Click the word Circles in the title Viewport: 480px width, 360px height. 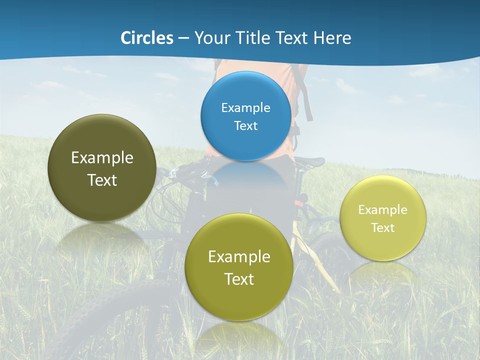click(146, 38)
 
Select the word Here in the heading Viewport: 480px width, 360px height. click(332, 38)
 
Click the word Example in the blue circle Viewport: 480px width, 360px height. click(245, 108)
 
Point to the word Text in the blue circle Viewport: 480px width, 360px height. click(245, 126)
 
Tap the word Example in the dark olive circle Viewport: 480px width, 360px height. click(102, 158)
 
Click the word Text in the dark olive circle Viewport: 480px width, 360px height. click(102, 180)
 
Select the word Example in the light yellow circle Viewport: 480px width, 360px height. click(382, 210)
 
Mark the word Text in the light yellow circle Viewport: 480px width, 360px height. click(382, 228)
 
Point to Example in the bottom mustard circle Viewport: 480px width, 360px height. click(239, 257)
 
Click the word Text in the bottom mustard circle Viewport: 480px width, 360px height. click(239, 279)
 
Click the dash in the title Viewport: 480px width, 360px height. click(183, 38)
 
